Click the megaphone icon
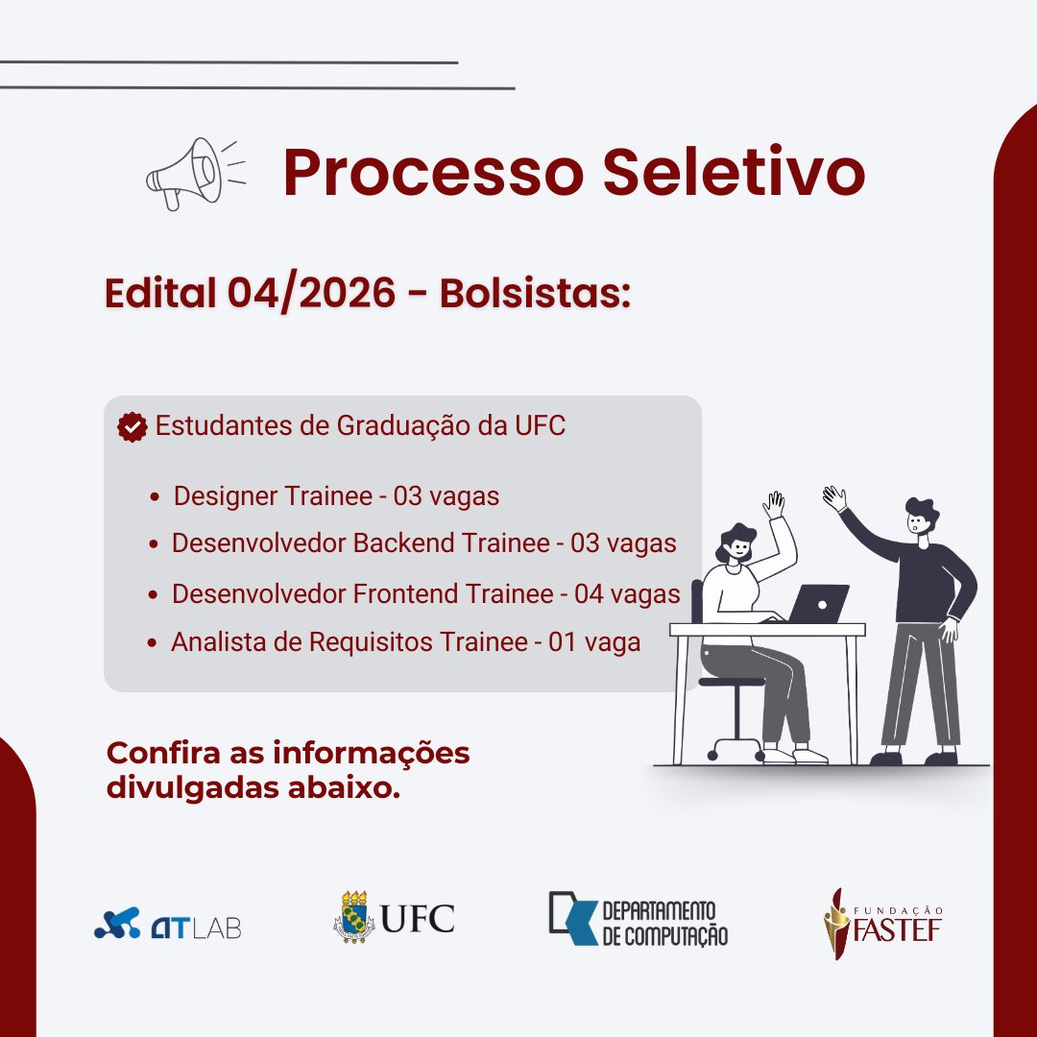195,173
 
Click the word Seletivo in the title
734,172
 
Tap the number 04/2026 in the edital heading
311,293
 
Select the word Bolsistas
535,292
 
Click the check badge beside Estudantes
133,427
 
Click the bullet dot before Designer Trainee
155,496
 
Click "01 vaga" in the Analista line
594,642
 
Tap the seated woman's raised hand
774,505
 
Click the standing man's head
920,518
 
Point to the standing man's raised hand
834,498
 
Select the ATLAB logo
168,924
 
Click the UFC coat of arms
353,917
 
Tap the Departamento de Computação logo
639,919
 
